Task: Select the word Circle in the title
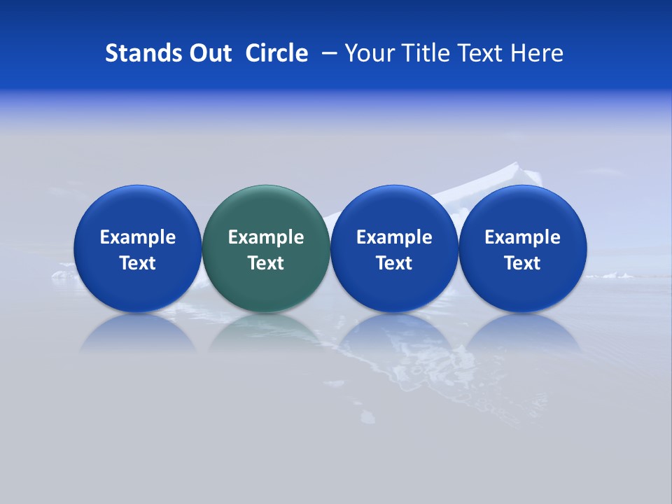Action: coord(276,53)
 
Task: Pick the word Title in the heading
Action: coord(421,53)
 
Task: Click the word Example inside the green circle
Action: coord(266,237)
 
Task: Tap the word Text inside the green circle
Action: coord(266,263)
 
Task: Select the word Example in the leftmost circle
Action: coord(138,237)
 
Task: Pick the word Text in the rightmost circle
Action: coord(522,263)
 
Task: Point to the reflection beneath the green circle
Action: coord(265,332)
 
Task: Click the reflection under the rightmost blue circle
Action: coord(522,332)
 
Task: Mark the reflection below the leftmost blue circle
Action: coord(137,332)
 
